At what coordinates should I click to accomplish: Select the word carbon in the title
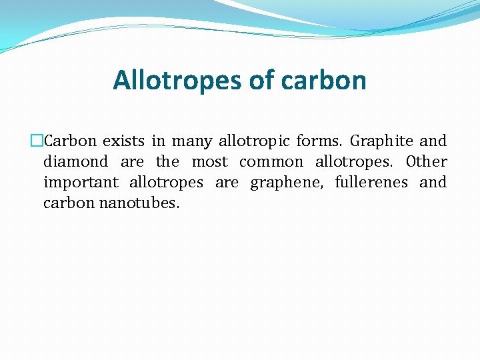click(324, 81)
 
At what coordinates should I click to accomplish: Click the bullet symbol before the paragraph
click(37, 141)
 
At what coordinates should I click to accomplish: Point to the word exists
click(124, 141)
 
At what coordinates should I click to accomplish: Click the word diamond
click(75, 162)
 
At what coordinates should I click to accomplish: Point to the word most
click(210, 162)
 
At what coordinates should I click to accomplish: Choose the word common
click(271, 162)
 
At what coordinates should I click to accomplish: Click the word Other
click(427, 162)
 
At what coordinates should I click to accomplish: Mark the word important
click(81, 183)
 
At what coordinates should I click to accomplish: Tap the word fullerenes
click(371, 183)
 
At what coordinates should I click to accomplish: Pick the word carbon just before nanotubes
click(69, 203)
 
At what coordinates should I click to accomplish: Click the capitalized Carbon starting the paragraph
click(70, 141)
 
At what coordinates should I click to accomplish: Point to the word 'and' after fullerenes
click(433, 183)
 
